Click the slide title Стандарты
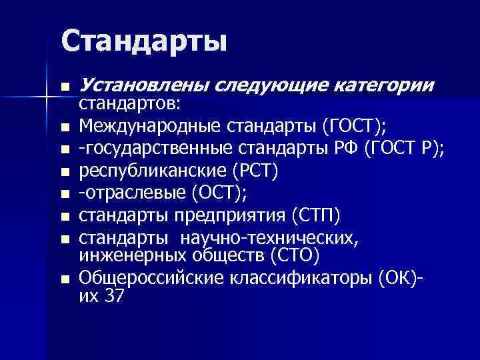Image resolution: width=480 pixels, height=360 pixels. pos(143,41)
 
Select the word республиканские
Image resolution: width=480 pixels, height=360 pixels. pos(153,171)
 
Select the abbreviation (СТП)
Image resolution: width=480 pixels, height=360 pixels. pos(317,216)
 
